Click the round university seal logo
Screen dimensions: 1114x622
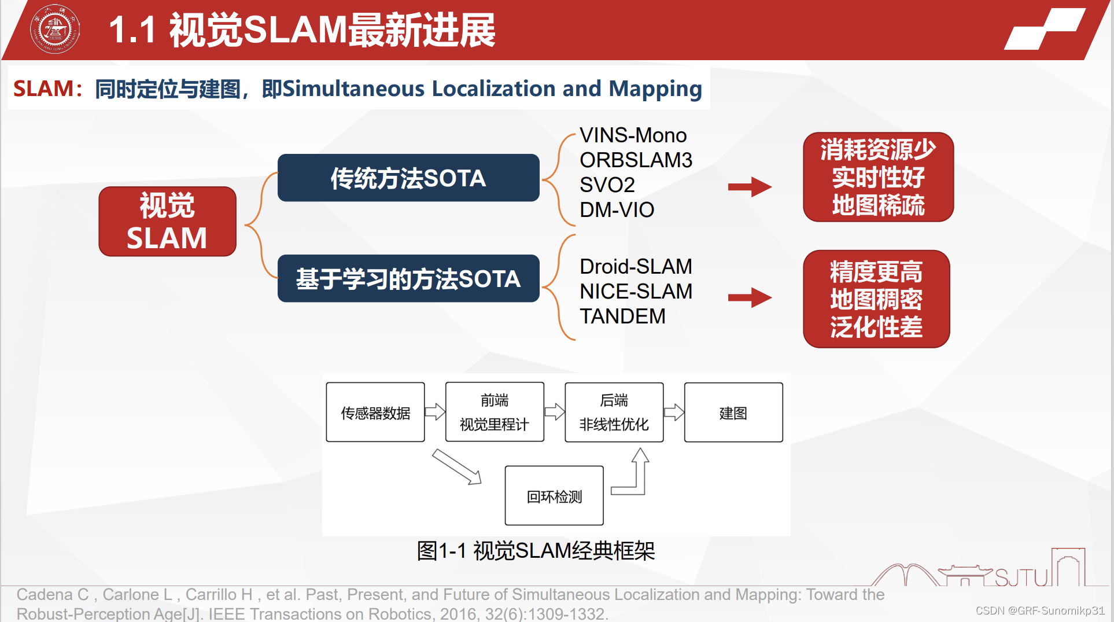coord(55,30)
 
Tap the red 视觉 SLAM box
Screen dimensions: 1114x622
coord(167,222)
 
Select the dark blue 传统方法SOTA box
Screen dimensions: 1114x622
coord(408,178)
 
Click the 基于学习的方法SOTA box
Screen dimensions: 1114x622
coord(408,279)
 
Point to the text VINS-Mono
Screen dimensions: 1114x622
coord(633,135)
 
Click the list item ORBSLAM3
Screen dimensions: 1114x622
coord(636,160)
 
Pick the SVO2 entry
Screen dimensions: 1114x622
coord(607,185)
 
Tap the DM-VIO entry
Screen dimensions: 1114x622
coord(617,210)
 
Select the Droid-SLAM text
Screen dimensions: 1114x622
coord(636,267)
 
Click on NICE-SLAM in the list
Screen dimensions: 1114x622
coord(636,292)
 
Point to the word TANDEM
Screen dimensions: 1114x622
coord(622,316)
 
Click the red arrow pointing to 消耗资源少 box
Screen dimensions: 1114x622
coord(750,187)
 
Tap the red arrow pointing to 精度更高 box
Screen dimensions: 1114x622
coord(750,298)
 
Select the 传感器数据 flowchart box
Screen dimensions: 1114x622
coord(375,413)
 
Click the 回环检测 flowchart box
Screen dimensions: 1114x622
coord(554,496)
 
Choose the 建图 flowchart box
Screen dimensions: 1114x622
coord(733,413)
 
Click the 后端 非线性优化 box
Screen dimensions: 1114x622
coord(614,413)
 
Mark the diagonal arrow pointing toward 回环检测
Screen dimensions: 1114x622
coord(457,466)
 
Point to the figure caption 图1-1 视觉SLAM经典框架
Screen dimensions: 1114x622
coord(536,551)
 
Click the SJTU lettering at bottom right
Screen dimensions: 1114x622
coord(1021,577)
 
